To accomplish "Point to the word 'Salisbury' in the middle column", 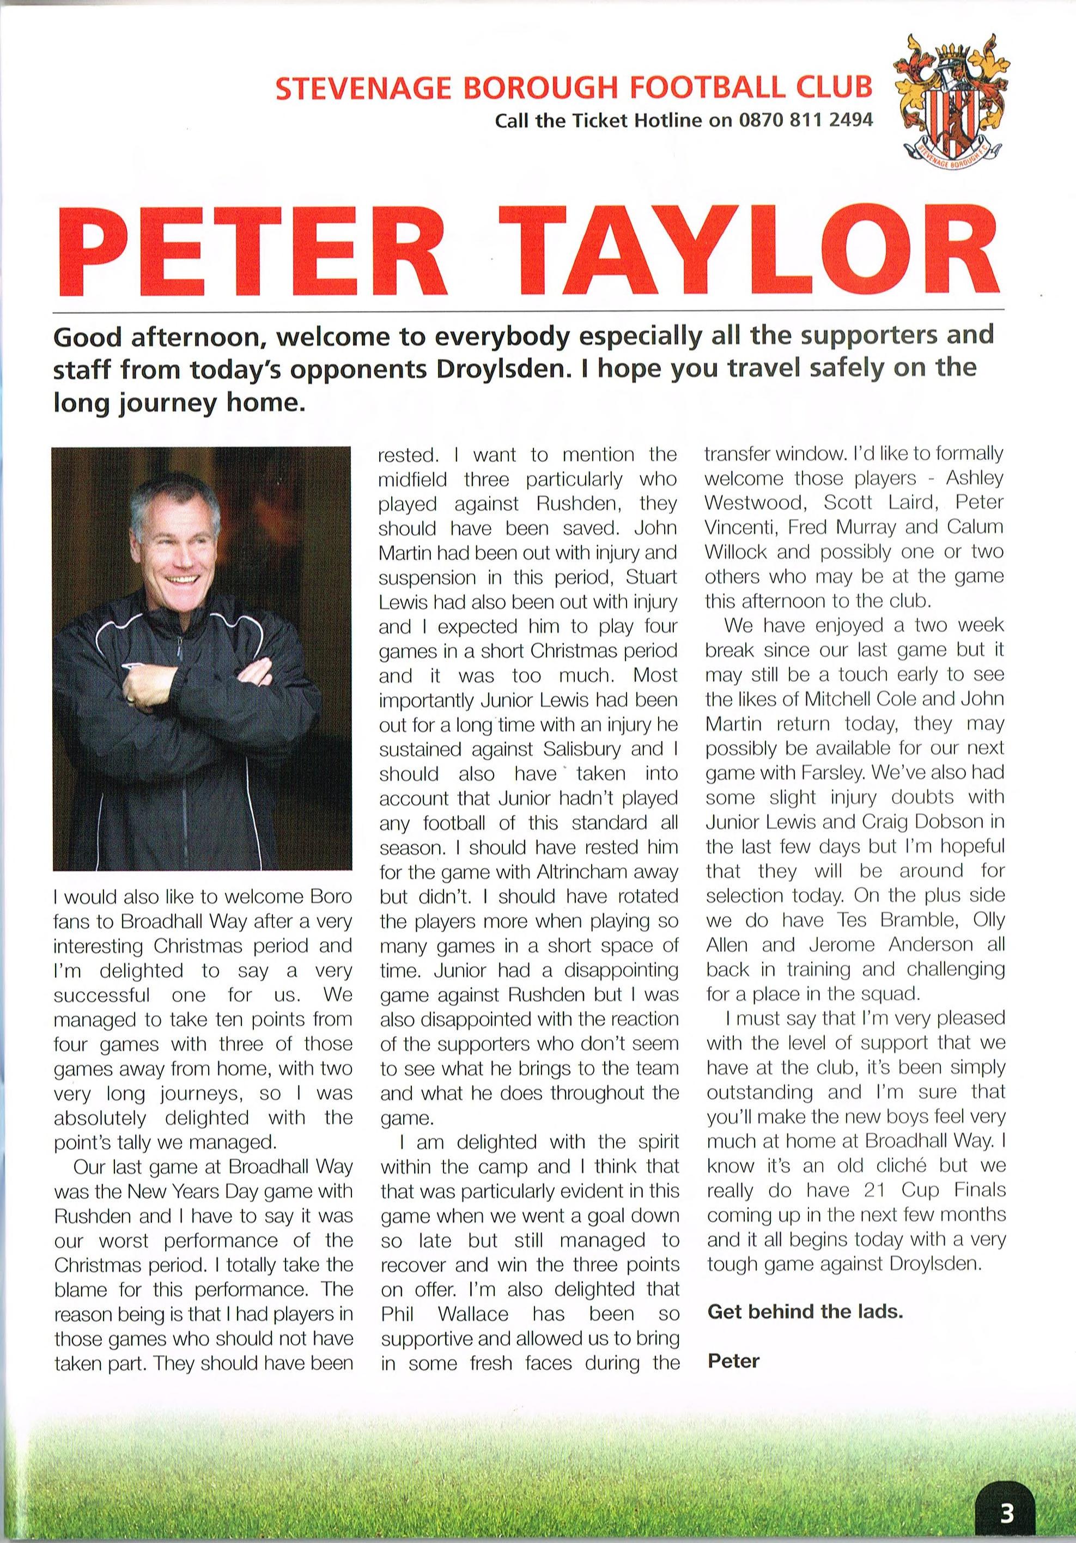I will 576,749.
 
